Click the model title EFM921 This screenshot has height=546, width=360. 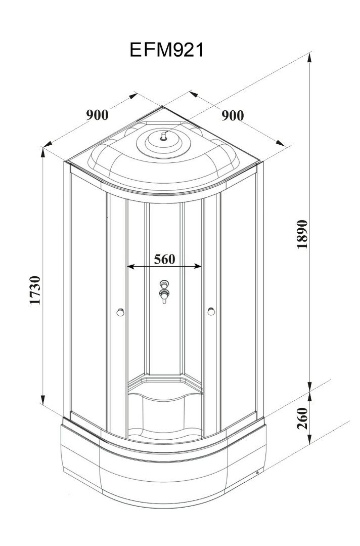pos(167,51)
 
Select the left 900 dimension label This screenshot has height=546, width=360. pos(97,115)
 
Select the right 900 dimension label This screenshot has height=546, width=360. pos(233,115)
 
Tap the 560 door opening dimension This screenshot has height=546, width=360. pos(164,259)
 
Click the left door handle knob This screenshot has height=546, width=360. pos(119,312)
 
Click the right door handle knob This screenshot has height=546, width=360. pos(210,312)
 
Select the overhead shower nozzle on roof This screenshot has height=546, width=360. pos(163,136)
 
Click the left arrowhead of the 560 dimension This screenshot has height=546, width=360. pos(128,266)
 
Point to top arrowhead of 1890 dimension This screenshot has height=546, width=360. pos(310,57)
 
